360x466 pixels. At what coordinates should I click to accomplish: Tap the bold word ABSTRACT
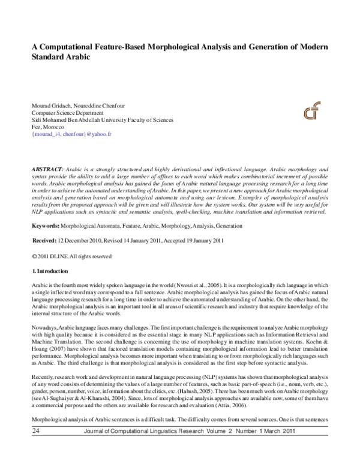[x=48, y=163]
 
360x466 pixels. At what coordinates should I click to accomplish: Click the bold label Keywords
[x=45, y=209]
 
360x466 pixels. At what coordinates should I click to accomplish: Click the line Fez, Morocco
[x=49, y=127]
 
